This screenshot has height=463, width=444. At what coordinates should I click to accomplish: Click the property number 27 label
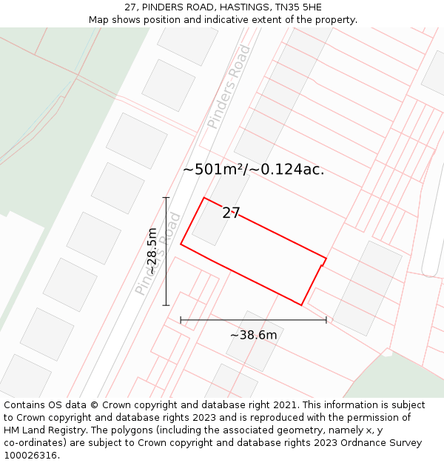[x=231, y=213]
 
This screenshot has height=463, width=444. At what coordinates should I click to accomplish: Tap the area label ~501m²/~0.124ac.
[x=253, y=170]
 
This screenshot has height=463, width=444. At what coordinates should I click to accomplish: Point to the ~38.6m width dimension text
[x=253, y=336]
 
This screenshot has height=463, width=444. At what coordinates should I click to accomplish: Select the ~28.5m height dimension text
[x=152, y=251]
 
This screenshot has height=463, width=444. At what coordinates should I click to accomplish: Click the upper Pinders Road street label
[x=229, y=86]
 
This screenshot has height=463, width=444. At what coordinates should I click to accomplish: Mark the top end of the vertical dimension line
[x=166, y=198]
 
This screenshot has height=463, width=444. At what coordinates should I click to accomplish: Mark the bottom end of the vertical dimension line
[x=166, y=304]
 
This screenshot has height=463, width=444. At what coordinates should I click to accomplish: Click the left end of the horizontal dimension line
[x=181, y=320]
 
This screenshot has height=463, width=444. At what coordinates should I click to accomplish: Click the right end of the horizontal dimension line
[x=326, y=320]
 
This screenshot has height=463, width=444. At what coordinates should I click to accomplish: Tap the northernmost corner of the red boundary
[x=204, y=198]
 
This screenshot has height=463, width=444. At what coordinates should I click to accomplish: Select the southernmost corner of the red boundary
[x=301, y=304]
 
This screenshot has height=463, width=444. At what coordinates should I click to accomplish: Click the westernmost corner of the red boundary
[x=181, y=244]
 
